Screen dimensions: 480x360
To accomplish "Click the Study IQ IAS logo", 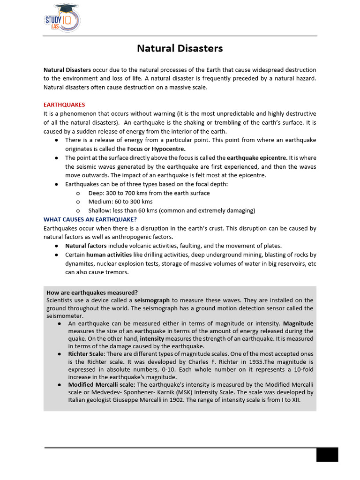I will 62,18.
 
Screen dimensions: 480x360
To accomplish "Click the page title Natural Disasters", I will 180,48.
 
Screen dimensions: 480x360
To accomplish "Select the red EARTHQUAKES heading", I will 64,105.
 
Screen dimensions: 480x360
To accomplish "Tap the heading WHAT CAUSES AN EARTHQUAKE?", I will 90,219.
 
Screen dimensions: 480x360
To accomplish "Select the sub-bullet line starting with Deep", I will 149,193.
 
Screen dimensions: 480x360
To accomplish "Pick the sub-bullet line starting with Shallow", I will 171,211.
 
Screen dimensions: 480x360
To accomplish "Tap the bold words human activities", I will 109,255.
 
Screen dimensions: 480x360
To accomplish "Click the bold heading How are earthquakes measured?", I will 92,292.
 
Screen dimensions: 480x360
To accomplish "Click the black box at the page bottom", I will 327,454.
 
